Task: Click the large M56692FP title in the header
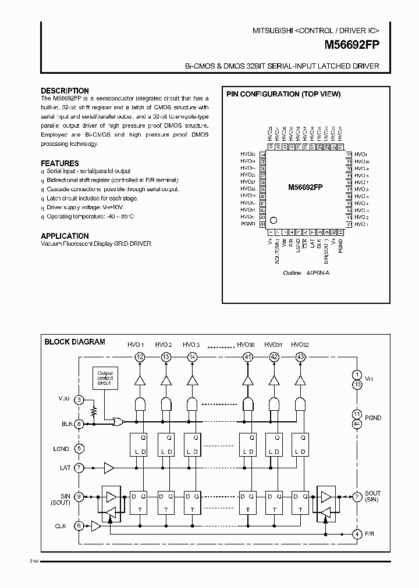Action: (x=347, y=44)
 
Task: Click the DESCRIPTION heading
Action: (x=65, y=91)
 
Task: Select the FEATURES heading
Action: (x=60, y=163)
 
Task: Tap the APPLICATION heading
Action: (x=65, y=236)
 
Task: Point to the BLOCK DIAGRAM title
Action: (x=74, y=342)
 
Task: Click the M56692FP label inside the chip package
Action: (x=306, y=188)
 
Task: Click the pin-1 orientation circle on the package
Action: (x=275, y=221)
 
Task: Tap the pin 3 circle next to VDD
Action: (x=80, y=399)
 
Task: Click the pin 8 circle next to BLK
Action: (x=80, y=424)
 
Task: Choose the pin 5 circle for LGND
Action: (x=80, y=449)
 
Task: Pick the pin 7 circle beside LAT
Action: (x=80, y=467)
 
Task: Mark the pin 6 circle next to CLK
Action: (x=80, y=526)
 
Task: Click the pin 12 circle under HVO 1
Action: (x=140, y=357)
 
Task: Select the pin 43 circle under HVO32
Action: (x=300, y=357)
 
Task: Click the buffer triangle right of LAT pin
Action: (x=109, y=467)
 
